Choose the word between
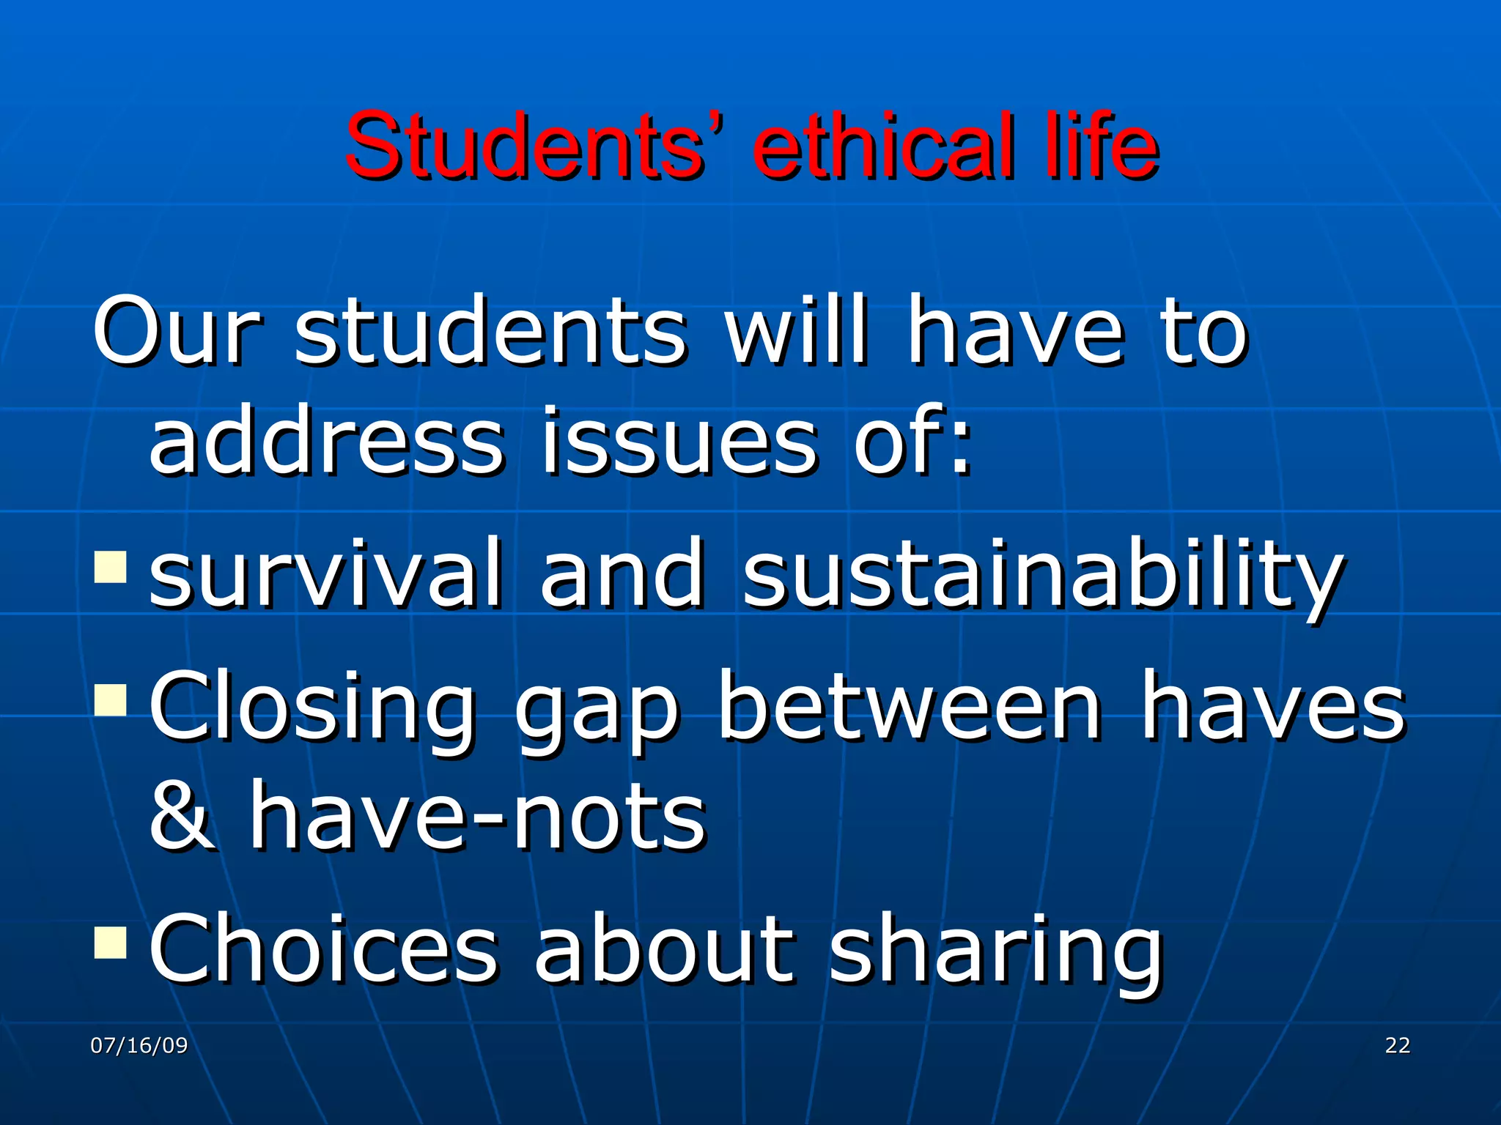[909, 707]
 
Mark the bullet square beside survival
[111, 567]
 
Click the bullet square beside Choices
[111, 943]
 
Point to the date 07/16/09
[139, 1045]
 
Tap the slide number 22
[1398, 1045]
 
